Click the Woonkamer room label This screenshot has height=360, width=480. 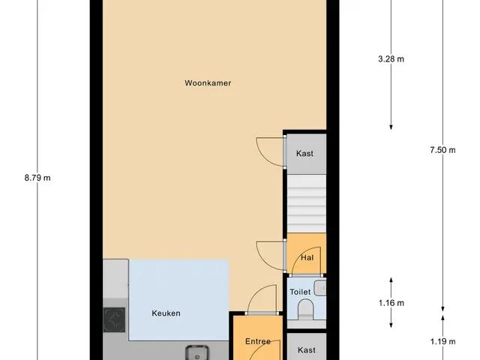point(208,83)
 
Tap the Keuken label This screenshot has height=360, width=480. point(166,313)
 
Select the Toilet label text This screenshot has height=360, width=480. point(300,292)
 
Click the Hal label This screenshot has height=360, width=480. point(307,258)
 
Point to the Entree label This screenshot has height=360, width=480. point(258,341)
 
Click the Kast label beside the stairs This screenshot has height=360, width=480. point(304,153)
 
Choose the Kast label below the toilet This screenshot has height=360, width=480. point(307,350)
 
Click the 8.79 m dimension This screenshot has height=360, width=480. point(37,178)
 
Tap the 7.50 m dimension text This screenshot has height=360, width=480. point(442,150)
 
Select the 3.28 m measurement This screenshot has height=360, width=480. point(391,58)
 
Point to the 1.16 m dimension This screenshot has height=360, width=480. point(391,303)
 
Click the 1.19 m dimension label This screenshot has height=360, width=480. point(442,341)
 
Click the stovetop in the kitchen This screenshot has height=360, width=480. point(114,319)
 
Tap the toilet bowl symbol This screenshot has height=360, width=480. point(306,309)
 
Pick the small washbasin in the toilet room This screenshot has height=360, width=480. point(320,288)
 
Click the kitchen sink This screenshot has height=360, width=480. point(197,352)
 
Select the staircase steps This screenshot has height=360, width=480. point(307,203)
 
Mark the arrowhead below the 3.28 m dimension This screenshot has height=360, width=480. point(391,127)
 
